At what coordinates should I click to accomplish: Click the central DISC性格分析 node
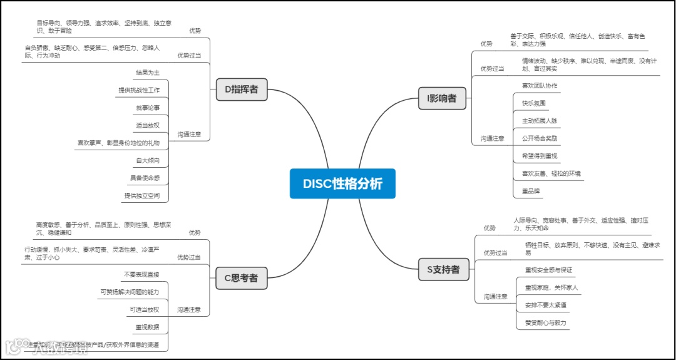pos(342,183)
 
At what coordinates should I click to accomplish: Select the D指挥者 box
pos(242,90)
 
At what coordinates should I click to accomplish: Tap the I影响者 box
pos(442,98)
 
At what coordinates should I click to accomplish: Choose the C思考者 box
pos(241,278)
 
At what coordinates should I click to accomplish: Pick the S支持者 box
pos(443,270)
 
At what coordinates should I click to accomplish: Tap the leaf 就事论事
pos(147,108)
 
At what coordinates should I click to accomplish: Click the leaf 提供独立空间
pos(141,196)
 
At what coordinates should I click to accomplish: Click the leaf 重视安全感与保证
pos(548,270)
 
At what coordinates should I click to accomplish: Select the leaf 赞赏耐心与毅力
pos(546,323)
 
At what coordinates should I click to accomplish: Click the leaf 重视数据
pos(147,327)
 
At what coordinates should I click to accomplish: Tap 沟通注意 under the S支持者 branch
pos(494,297)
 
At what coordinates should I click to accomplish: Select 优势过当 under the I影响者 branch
pos(492,68)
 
